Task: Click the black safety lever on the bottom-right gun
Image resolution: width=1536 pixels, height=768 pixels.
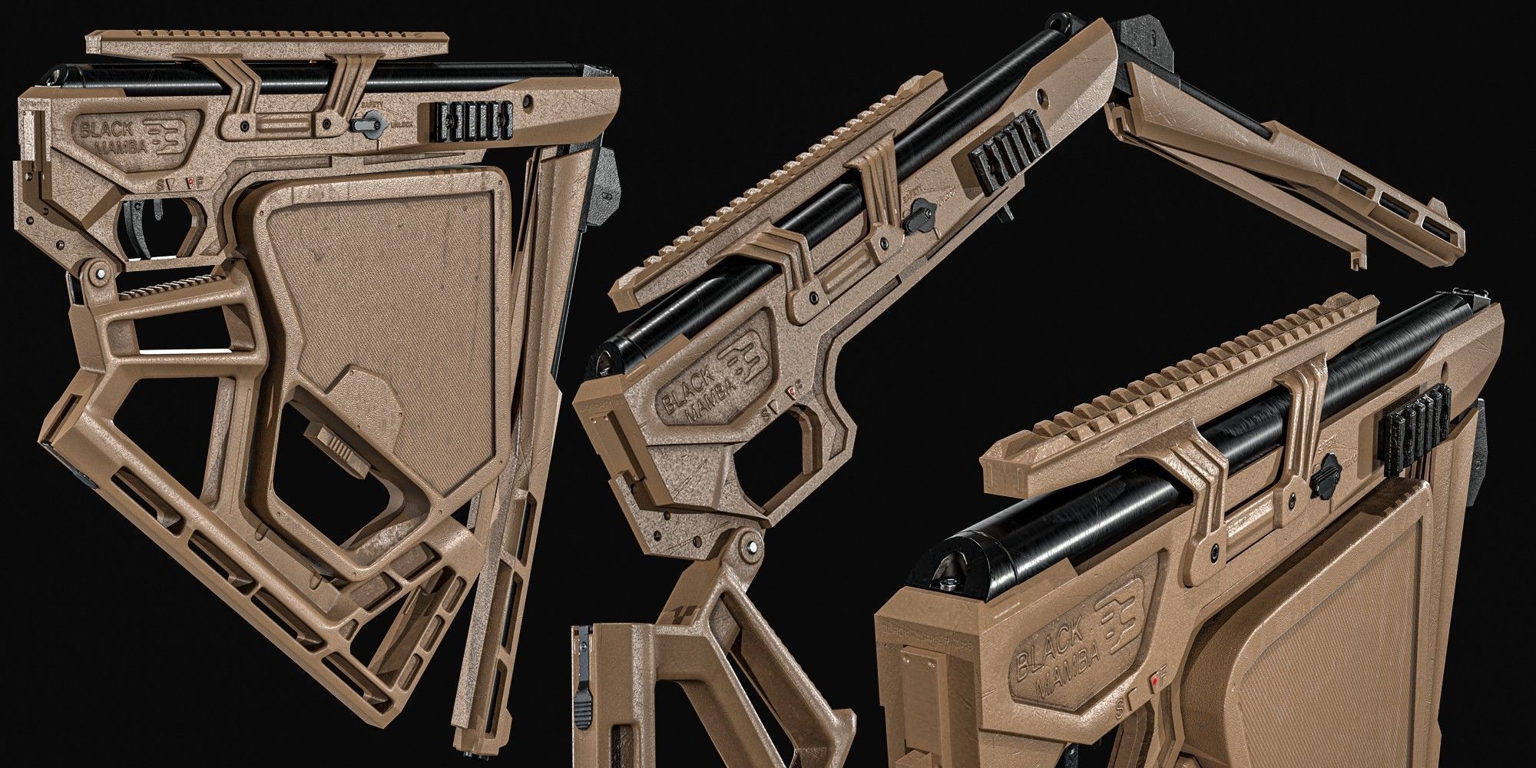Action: click(1326, 468)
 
